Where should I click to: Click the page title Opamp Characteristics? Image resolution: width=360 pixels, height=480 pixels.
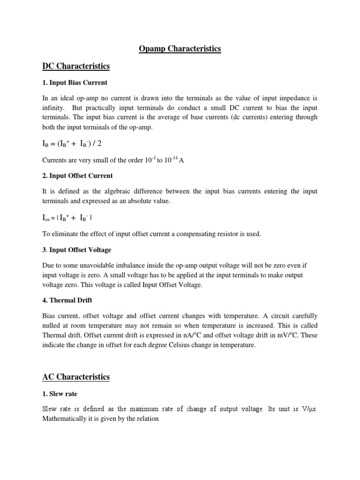pyautogui.click(x=180, y=49)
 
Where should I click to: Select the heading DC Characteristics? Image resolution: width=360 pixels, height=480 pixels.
pyautogui.click(x=76, y=66)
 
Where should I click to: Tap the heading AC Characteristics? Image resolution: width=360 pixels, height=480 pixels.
pyautogui.click(x=76, y=377)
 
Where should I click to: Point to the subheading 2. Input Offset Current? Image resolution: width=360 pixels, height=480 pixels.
pyautogui.click(x=77, y=176)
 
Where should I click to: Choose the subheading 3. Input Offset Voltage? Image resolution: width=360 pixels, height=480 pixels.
pyautogui.click(x=77, y=250)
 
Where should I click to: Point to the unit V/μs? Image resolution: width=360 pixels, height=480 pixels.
pyautogui.click(x=309, y=409)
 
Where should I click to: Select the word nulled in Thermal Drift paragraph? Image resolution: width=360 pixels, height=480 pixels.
pyautogui.click(x=51, y=325)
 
